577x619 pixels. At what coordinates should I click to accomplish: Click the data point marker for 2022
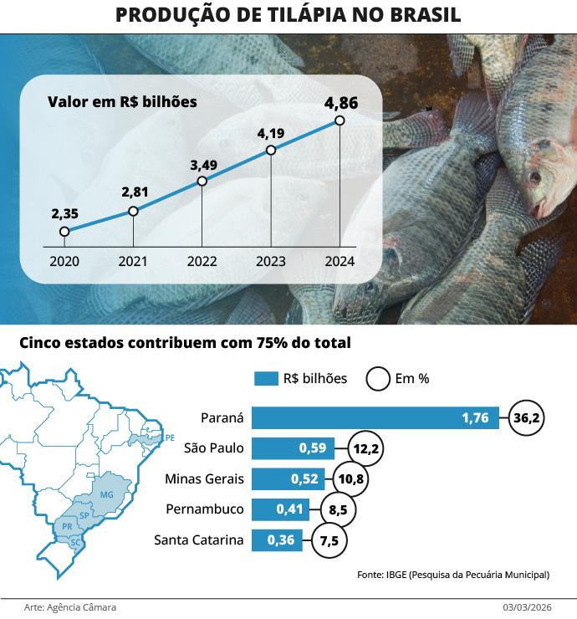point(202,182)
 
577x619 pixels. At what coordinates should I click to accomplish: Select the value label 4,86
point(341,103)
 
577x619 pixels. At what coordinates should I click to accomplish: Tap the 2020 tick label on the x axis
point(64,261)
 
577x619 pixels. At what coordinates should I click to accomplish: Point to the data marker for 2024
point(340,120)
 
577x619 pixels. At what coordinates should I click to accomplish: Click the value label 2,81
point(135,192)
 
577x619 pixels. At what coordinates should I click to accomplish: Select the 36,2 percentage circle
point(527,417)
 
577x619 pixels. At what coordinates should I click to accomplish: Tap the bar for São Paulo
point(293,448)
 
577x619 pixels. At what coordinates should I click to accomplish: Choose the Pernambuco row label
point(206,509)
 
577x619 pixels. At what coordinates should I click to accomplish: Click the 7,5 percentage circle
point(329,540)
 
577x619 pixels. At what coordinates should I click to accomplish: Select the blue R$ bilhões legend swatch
point(265,379)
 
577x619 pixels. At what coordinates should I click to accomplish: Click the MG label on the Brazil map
point(106,494)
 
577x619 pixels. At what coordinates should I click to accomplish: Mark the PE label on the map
point(170,437)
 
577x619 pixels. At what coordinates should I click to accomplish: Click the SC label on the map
point(75,542)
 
